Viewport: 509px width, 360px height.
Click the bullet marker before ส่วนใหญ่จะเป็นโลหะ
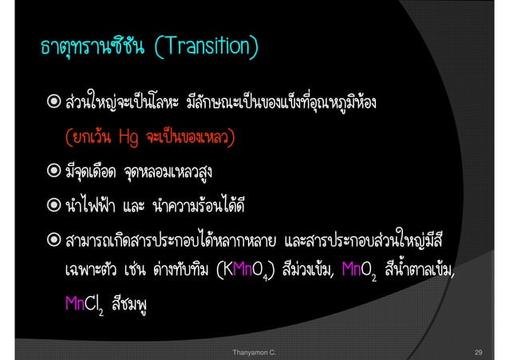coord(51,105)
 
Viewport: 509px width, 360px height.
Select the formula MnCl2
coord(84,306)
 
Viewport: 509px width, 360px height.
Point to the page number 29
coord(479,350)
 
